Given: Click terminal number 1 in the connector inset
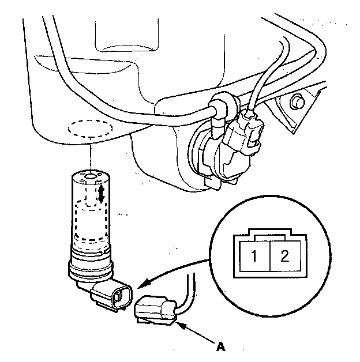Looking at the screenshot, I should pos(254,256).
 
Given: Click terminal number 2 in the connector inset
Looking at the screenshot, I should pos(283,256).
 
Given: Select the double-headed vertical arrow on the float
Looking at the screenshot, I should pos(102,193).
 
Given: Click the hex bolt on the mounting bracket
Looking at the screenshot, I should pos(297,103).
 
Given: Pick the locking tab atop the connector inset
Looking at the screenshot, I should pos(268,233).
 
